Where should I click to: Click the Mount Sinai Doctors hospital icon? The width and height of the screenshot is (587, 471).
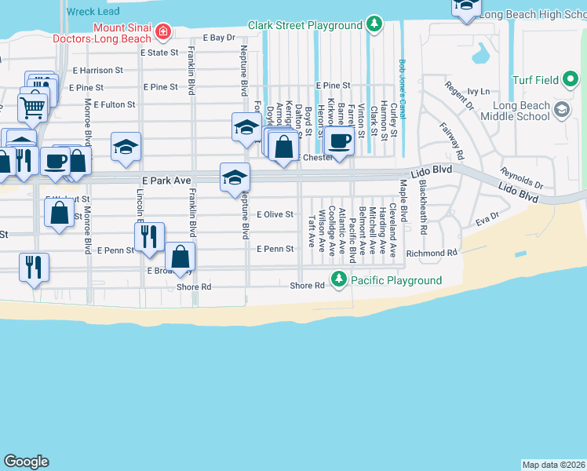coord(163,31)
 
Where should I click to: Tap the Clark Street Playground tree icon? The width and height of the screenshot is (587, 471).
coord(374,25)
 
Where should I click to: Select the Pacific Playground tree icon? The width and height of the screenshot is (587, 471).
coord(339,279)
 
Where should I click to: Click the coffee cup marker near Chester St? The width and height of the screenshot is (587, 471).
coord(339,141)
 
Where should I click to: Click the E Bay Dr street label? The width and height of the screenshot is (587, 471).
coord(219,37)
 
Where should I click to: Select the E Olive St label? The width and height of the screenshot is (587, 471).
coord(275,214)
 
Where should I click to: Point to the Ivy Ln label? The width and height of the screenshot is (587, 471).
coord(479,91)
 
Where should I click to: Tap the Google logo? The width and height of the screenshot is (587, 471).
coord(26,462)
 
